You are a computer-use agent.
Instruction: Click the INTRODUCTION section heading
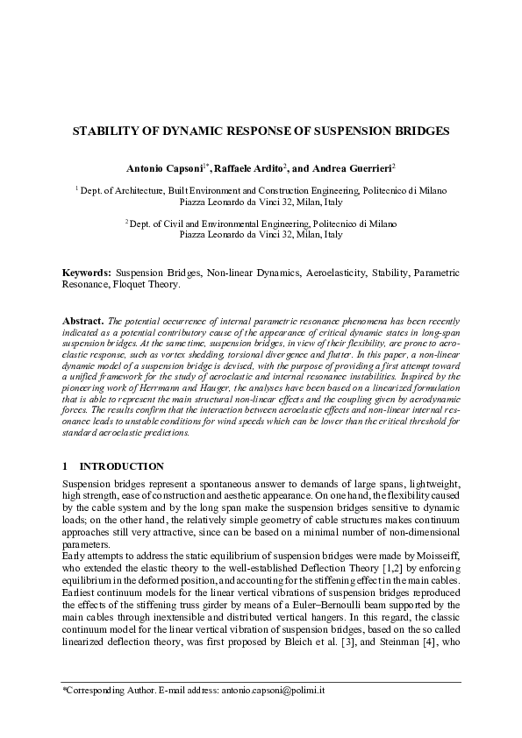[121, 465]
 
